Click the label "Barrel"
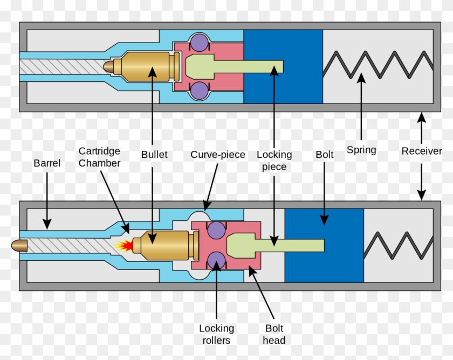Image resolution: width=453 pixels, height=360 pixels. [x=47, y=162]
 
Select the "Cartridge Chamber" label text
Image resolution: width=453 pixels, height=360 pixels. [x=99, y=157]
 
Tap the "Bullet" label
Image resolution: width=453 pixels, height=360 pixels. [x=154, y=155]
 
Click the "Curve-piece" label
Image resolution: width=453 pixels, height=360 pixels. [x=217, y=155]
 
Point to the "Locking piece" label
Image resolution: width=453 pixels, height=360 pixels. [x=274, y=161]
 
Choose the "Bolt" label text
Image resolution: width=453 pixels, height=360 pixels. [x=325, y=155]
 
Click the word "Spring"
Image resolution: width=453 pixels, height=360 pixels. [x=361, y=150]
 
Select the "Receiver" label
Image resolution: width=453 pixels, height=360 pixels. [x=422, y=151]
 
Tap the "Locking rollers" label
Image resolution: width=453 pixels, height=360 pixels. [x=216, y=334]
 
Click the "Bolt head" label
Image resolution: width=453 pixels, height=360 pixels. [x=274, y=334]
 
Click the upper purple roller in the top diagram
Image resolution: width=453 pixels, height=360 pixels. [x=199, y=42]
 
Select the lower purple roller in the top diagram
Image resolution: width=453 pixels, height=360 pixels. [x=199, y=90]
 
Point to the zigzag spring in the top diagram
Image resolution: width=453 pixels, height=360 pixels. [x=377, y=66]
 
